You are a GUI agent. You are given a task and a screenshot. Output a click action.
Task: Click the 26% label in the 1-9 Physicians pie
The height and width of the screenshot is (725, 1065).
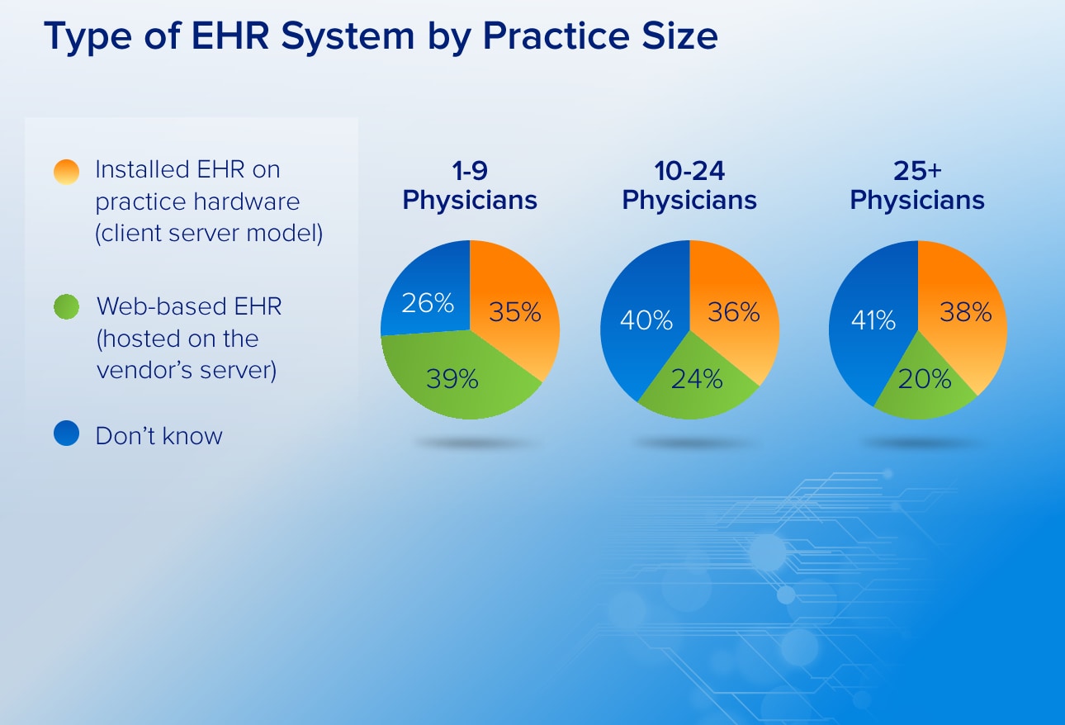point(428,303)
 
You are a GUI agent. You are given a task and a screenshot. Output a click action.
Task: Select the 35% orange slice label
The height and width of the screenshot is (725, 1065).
point(515,312)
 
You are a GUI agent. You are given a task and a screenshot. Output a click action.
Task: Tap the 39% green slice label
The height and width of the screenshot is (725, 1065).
point(452,379)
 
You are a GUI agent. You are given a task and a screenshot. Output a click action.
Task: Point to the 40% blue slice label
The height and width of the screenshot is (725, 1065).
point(646,320)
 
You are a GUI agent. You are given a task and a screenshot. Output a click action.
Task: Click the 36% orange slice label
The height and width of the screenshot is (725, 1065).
point(734,312)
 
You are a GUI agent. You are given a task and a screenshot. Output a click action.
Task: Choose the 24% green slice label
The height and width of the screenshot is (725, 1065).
point(697,379)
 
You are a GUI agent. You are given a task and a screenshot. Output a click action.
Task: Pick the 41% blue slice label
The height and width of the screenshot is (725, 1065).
point(873,320)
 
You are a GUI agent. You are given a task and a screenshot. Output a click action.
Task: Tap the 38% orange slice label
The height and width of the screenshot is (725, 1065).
point(966,312)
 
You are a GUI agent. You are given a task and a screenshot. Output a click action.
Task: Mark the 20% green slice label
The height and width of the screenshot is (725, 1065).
point(925,379)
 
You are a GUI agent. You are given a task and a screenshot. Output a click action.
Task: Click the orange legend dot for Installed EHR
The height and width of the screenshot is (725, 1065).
point(66,172)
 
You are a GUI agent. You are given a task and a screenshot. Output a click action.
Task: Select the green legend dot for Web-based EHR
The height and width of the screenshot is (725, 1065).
point(66,306)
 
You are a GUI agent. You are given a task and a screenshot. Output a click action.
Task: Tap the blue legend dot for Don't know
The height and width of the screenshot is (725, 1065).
point(66,433)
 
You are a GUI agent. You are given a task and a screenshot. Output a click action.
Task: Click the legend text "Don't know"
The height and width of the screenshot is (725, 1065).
point(159,435)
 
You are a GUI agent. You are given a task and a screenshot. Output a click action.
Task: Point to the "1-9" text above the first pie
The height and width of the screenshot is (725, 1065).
point(470,171)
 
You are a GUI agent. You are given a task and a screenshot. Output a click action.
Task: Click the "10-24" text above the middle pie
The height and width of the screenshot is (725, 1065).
point(689,171)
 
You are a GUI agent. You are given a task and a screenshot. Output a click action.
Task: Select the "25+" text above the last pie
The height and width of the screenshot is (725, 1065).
point(917,171)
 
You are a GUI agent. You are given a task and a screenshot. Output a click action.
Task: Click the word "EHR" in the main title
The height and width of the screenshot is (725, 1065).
point(230,36)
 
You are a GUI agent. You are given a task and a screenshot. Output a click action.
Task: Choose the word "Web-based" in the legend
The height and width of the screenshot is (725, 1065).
point(155,306)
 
